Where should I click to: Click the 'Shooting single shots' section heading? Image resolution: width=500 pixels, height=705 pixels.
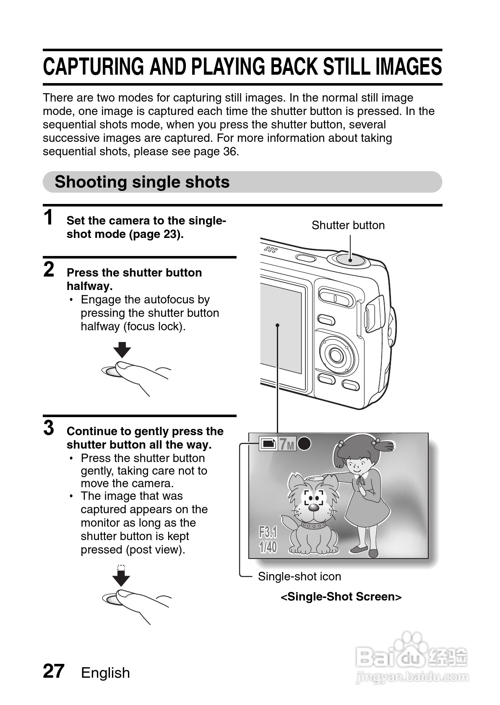142,182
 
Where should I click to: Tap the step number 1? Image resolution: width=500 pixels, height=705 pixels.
49,217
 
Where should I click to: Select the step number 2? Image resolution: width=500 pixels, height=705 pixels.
49,269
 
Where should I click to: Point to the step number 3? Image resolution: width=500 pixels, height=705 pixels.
49,428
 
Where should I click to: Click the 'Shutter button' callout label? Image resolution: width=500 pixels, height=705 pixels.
348,225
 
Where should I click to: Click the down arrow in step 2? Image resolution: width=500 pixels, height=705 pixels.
122,350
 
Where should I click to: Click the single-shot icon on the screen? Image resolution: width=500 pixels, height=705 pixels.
268,443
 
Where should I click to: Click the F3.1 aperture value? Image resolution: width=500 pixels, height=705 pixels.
268,533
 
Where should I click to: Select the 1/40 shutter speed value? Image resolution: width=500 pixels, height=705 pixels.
268,547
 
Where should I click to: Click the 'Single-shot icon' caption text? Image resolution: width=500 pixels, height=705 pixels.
299,577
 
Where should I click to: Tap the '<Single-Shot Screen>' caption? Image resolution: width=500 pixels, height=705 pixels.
341,597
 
